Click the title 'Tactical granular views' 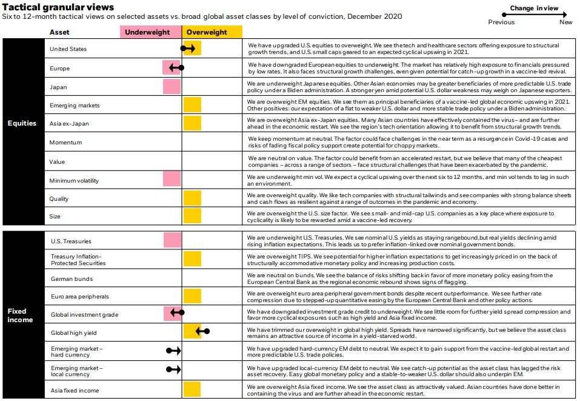coord(58,7)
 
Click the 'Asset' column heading coord(59,32)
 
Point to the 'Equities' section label coord(22,123)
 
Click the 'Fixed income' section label coord(20,315)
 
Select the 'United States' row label coord(68,49)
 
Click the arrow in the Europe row coord(176,68)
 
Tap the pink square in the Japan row coord(172,87)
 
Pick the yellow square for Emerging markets coord(192,105)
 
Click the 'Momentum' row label coord(66,142)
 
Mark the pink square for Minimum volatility coord(172,179)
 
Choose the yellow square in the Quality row coord(192,198)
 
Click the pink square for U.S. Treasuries coord(172,240)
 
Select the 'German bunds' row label coord(72,279)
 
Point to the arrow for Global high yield coord(202,331)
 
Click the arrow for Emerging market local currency coord(173,369)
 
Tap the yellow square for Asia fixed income coord(192,389)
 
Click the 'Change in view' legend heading coord(534,8)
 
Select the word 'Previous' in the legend coord(501,22)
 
